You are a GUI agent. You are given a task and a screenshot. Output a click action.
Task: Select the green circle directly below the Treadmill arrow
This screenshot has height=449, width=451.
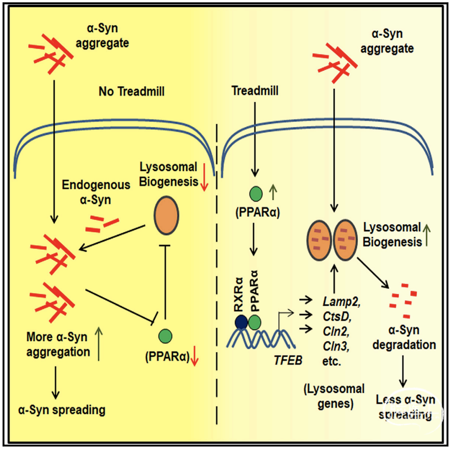click(256, 191)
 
